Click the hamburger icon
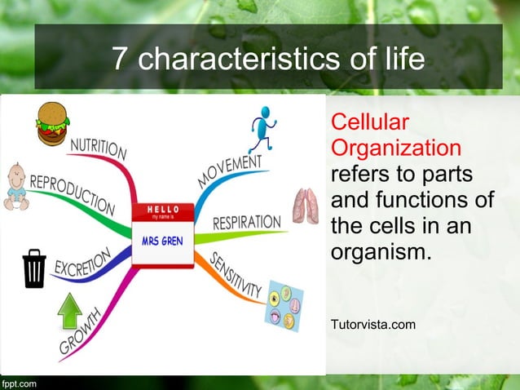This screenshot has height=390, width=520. click(52, 123)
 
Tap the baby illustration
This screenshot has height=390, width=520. click(15, 187)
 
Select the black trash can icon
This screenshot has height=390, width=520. click(34, 270)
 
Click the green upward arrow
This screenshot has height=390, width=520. click(71, 311)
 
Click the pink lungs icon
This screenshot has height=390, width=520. click(306, 207)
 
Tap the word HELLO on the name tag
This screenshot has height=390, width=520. click(163, 210)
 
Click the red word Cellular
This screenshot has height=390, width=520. click(368, 122)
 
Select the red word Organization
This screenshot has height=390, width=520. click(396, 148)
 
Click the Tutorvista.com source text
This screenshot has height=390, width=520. click(372, 326)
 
